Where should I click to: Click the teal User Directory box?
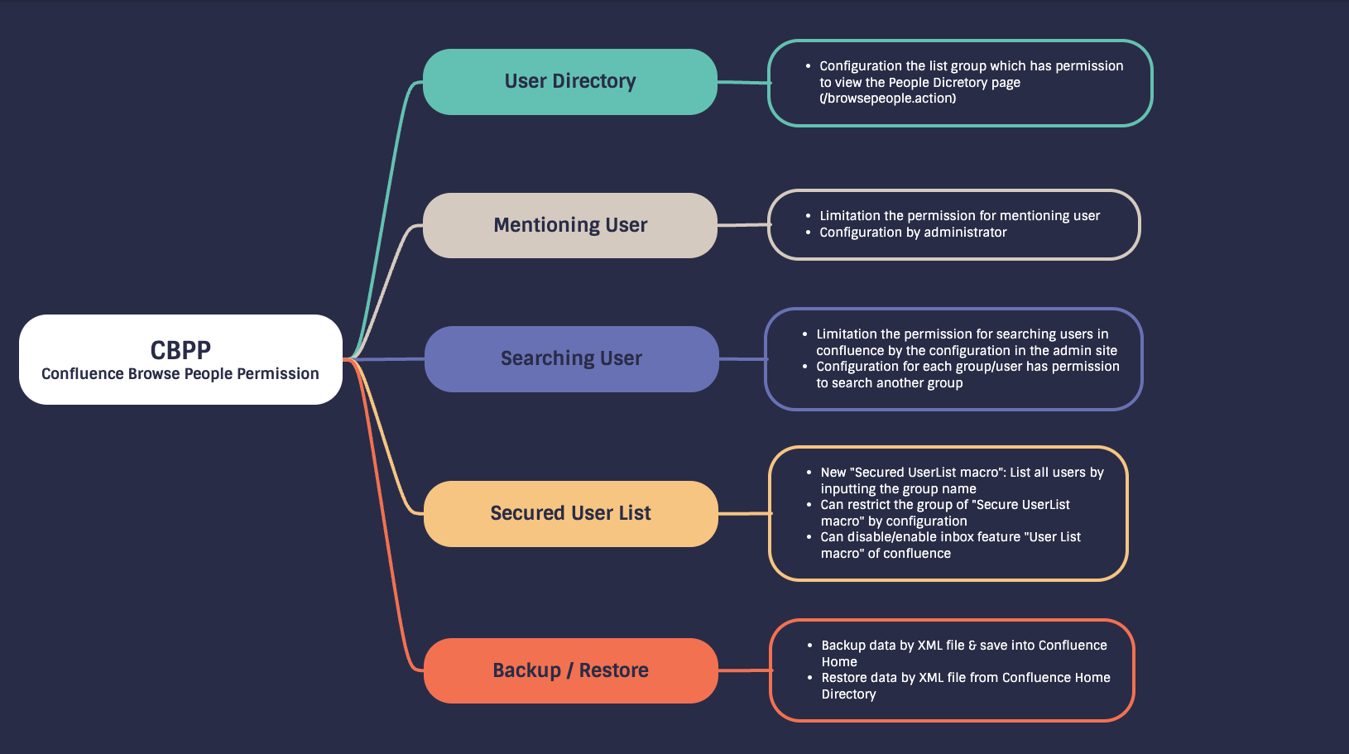(x=569, y=81)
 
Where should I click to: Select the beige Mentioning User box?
(x=569, y=225)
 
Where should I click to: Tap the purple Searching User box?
(x=571, y=358)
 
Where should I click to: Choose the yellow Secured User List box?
(x=570, y=513)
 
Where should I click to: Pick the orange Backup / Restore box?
(x=570, y=670)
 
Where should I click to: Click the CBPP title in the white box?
(x=180, y=349)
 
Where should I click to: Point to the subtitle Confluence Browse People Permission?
(x=180, y=374)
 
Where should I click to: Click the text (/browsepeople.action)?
(x=887, y=98)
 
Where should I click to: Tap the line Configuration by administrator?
(x=913, y=233)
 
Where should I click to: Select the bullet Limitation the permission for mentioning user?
(x=959, y=216)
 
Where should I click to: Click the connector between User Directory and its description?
(x=743, y=82)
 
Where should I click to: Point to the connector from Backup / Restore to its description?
(x=744, y=670)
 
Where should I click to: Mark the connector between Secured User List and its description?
(x=744, y=513)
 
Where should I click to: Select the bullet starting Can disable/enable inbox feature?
(x=950, y=545)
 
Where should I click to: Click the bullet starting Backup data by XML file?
(x=963, y=653)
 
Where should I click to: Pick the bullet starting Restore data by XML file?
(x=965, y=685)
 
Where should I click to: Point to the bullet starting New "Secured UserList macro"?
(x=962, y=480)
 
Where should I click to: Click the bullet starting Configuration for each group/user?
(x=967, y=375)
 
